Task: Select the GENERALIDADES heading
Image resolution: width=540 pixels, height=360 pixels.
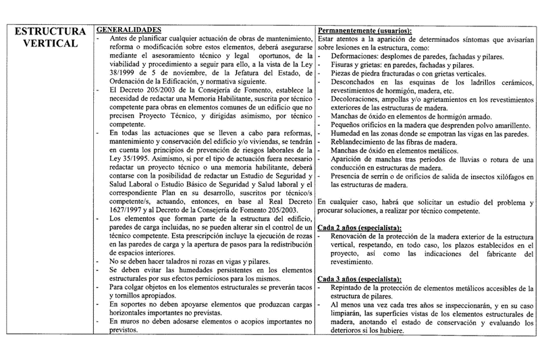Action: pos(128,30)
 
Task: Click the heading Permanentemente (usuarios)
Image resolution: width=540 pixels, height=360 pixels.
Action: pos(364,30)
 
